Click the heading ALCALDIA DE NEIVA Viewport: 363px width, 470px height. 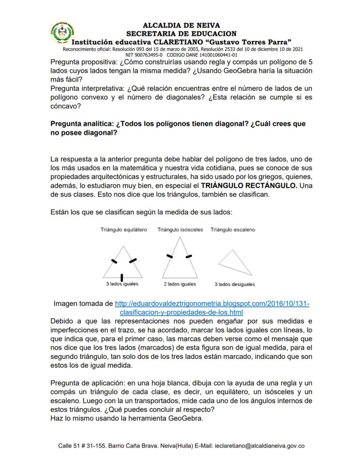pyautogui.click(x=181, y=25)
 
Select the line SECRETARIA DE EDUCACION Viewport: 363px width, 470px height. pyautogui.click(x=181, y=33)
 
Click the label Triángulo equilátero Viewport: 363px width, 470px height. pyautogui.click(x=124, y=230)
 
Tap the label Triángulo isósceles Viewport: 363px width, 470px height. pyautogui.click(x=180, y=230)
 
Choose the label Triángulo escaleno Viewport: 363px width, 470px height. pyautogui.click(x=233, y=230)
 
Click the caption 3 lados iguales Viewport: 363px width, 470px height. pyautogui.click(x=122, y=284)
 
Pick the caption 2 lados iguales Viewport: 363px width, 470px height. pyautogui.click(x=180, y=284)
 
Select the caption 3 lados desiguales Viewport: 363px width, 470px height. pyautogui.click(x=235, y=284)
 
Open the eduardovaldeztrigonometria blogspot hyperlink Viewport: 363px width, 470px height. pyautogui.click(x=212, y=304)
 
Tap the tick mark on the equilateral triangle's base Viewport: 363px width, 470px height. pyautogui.click(x=121, y=277)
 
